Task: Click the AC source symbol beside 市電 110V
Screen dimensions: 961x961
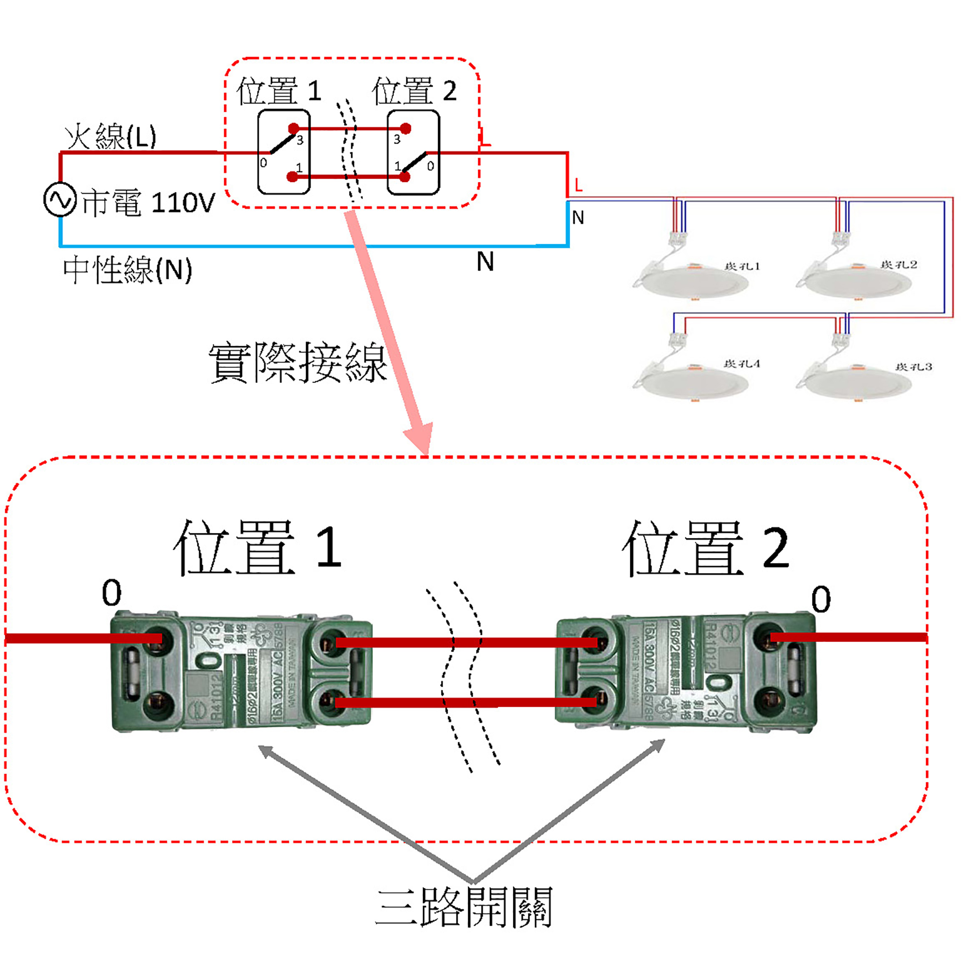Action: [x=60, y=200]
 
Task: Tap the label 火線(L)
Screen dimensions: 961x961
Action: [x=111, y=136]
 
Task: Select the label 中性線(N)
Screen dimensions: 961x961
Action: [x=128, y=270]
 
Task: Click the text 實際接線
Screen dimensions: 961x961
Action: [x=297, y=362]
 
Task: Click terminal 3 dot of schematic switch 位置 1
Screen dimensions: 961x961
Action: [x=294, y=129]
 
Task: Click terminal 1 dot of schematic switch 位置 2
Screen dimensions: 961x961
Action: [x=405, y=177]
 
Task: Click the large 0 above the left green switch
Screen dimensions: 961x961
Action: [x=112, y=593]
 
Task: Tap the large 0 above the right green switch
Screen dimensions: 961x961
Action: [x=821, y=599]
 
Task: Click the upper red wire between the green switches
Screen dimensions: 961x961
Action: [x=465, y=643]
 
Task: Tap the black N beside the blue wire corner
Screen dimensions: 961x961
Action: [x=578, y=217]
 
